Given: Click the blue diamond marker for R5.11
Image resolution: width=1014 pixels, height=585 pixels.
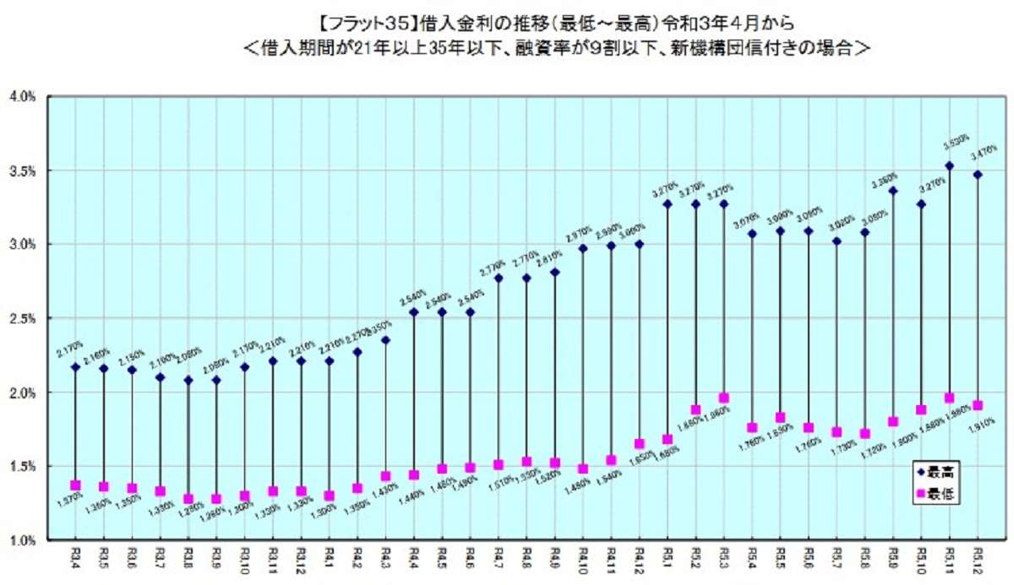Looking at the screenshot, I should [949, 165].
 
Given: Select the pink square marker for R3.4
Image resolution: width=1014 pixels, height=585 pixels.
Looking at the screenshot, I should [75, 485].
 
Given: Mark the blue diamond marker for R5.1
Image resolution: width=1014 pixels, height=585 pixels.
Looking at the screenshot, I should [668, 203].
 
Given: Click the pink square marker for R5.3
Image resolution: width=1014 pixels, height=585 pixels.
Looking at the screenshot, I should [724, 398].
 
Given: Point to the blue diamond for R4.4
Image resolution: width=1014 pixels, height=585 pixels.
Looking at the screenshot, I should [414, 311].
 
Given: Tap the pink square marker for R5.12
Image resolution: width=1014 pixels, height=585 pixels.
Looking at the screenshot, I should [978, 405].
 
